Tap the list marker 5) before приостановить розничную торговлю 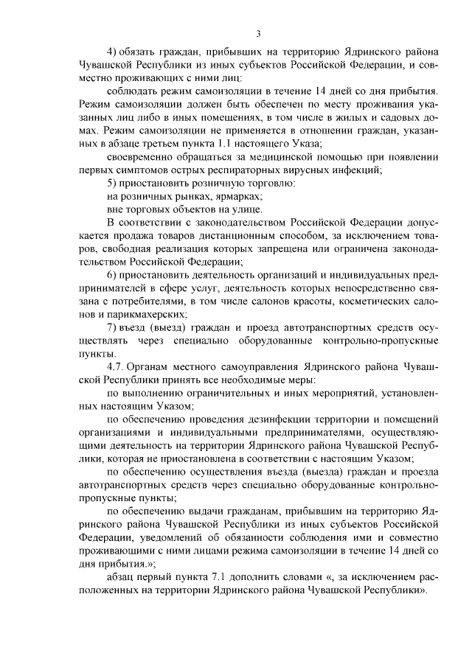click(112, 182)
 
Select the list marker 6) click(112, 274)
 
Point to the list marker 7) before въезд click(112, 326)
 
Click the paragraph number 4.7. click(119, 366)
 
